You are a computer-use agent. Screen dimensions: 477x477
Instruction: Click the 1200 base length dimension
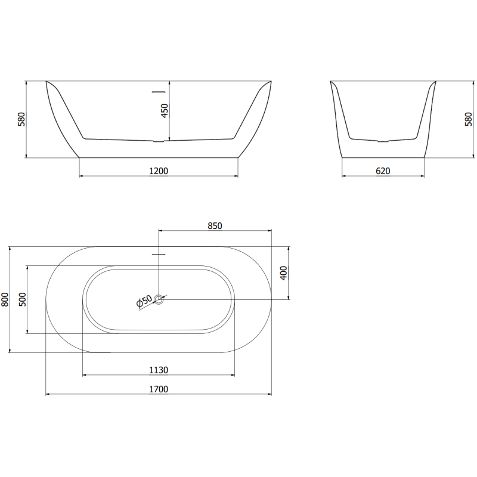[159, 171]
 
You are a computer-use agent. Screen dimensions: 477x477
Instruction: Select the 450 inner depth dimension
[165, 111]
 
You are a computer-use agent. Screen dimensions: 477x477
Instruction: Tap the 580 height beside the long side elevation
[21, 120]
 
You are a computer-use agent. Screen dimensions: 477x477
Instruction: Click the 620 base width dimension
[383, 171]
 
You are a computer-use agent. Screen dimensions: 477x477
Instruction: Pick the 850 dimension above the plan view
[215, 225]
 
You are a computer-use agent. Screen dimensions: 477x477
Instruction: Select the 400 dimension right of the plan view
[284, 272]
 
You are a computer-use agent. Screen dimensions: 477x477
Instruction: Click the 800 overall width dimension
[5, 299]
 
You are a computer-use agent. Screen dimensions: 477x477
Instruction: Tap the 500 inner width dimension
[23, 299]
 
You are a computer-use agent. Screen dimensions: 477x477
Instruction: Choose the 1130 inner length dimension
[159, 370]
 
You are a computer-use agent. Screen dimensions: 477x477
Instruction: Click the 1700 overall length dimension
[159, 389]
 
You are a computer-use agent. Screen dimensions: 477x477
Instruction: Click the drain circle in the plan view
[159, 299]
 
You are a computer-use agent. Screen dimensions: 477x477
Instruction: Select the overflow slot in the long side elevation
[159, 92]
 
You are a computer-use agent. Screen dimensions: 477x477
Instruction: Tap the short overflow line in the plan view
[159, 254]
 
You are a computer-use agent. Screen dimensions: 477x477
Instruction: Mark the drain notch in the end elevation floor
[383, 142]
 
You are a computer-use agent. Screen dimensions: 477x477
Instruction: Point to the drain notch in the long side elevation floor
[159, 142]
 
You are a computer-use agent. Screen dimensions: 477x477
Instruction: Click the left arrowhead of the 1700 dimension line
[48, 395]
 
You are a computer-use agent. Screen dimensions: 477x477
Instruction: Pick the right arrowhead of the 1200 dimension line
[236, 176]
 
